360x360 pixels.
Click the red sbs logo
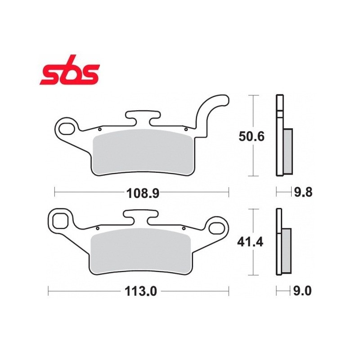[70, 70]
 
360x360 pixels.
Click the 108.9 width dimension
[143, 193]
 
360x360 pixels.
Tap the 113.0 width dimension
[141, 292]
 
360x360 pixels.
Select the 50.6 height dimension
[252, 136]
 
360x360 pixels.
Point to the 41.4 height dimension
[250, 242]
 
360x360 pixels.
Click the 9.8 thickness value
[303, 192]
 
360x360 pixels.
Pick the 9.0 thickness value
[302, 291]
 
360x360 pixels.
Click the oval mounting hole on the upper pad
[67, 129]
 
